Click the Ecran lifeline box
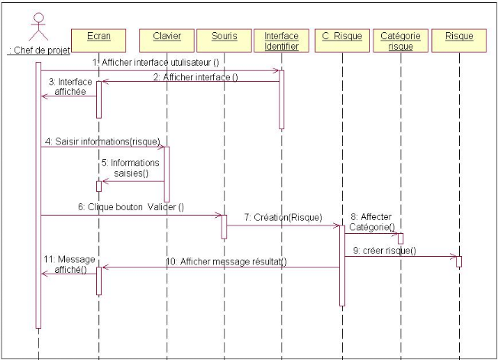(x=98, y=37)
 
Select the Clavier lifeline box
(x=166, y=37)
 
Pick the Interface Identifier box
(x=281, y=41)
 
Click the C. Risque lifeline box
(x=341, y=37)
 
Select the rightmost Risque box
(x=458, y=37)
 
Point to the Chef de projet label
(x=37, y=50)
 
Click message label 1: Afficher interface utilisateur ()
(x=154, y=61)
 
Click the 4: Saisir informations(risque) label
(x=96, y=141)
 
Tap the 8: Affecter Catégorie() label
(x=371, y=222)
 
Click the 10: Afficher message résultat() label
(x=226, y=261)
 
